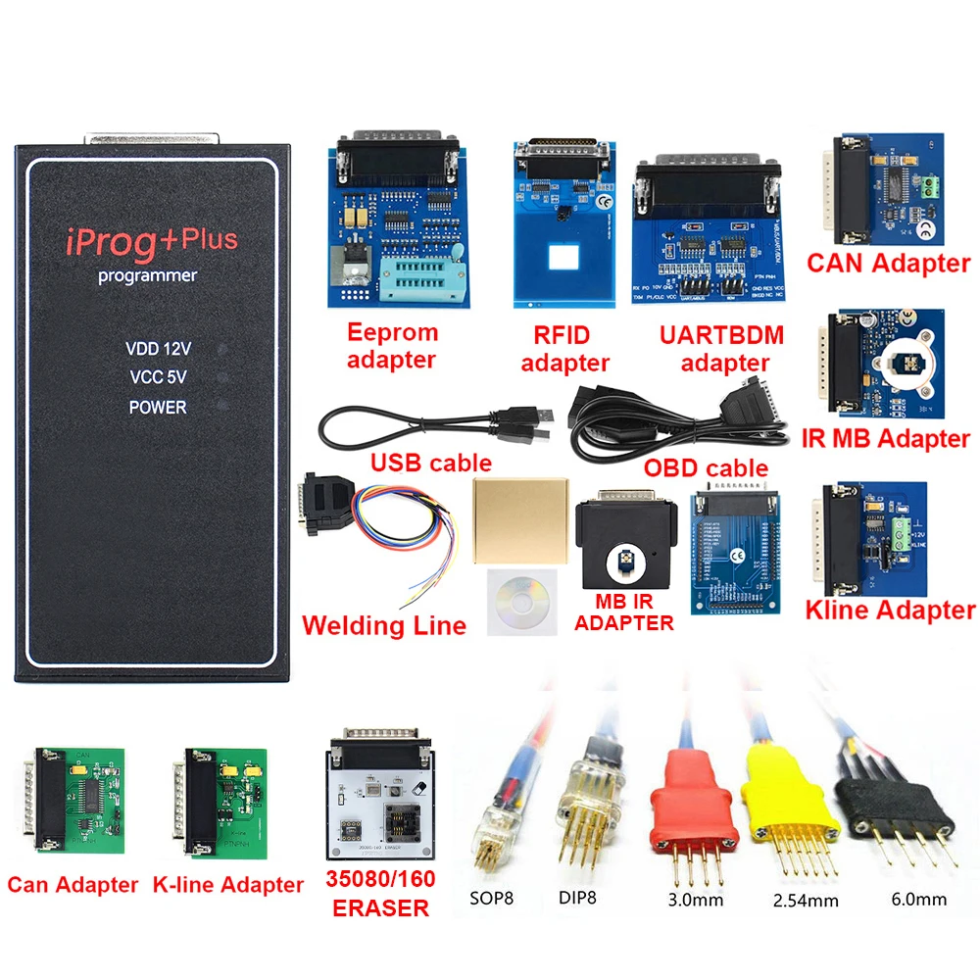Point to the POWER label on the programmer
(x=157, y=407)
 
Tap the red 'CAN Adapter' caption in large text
(x=888, y=263)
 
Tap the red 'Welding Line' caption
(x=384, y=625)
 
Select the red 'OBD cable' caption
(x=706, y=468)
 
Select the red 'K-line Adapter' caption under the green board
(x=228, y=885)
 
